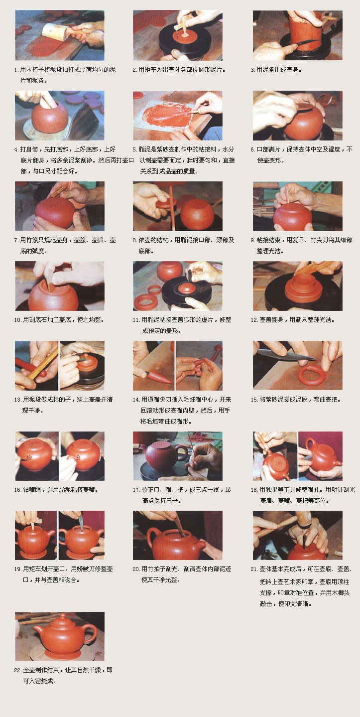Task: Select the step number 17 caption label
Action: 136,490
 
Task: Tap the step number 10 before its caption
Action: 17,320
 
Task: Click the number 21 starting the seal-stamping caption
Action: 254,569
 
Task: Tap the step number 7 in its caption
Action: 16,240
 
